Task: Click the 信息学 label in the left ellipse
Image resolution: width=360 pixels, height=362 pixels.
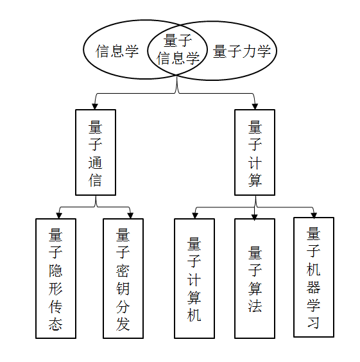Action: click(x=117, y=51)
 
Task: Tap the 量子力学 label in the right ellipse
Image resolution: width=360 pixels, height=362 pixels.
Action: click(x=242, y=51)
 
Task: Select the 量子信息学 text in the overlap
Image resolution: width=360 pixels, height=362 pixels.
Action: click(x=178, y=49)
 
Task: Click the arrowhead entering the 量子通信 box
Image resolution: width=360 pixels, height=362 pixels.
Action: click(x=95, y=106)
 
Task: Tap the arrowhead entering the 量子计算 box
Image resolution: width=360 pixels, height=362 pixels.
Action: click(x=255, y=106)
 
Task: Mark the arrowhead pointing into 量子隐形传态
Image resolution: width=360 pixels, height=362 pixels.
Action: click(x=59, y=216)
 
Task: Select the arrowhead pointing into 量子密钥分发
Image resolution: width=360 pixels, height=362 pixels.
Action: click(x=130, y=216)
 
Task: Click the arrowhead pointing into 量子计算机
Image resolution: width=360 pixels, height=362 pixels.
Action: click(x=195, y=216)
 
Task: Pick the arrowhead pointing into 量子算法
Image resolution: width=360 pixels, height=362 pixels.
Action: click(x=254, y=217)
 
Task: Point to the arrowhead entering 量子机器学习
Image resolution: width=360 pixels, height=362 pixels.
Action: click(x=314, y=215)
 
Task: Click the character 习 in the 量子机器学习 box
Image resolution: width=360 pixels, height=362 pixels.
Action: click(x=314, y=322)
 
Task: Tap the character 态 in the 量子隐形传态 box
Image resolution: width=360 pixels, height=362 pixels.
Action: click(x=56, y=324)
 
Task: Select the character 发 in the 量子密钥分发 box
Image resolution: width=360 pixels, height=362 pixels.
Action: click(x=123, y=324)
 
